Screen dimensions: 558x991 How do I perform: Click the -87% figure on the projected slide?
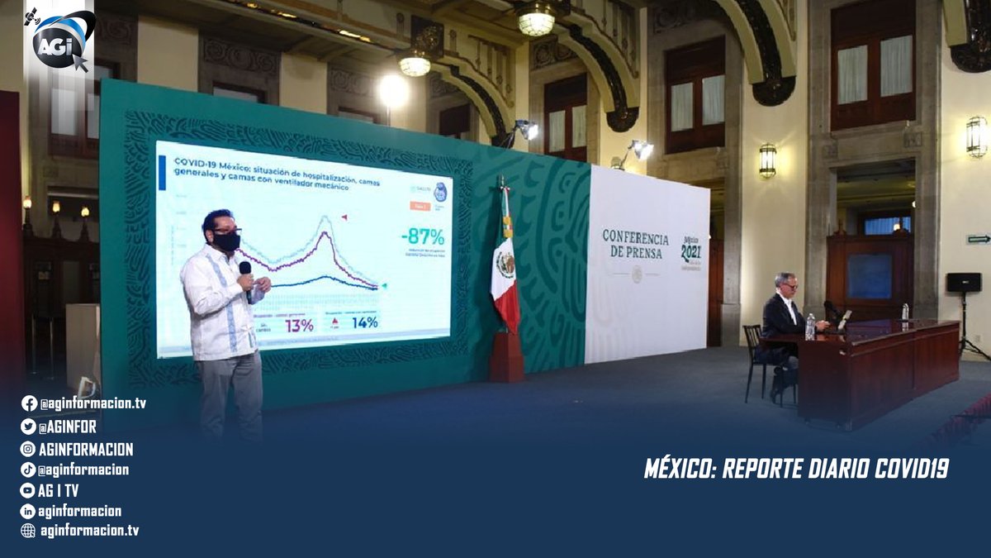pos(422,236)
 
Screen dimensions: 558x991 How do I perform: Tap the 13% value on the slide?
pos(299,325)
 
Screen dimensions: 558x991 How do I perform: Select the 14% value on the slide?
pos(364,322)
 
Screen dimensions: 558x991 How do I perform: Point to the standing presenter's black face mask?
pos(226,241)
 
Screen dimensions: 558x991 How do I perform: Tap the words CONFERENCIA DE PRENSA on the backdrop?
pos(635,245)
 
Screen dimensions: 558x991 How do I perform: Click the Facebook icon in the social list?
pos(29,403)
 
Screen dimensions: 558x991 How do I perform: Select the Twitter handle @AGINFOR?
pos(69,427)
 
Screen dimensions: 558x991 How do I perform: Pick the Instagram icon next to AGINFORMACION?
pos(28,449)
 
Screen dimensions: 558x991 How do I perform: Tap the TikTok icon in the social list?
pos(28,470)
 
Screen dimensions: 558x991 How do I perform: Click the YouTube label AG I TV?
pos(59,490)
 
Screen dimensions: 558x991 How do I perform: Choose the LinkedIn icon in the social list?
pos(28,511)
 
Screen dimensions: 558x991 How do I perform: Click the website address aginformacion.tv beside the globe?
pos(89,531)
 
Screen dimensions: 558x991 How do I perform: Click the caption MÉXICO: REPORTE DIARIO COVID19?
pos(796,469)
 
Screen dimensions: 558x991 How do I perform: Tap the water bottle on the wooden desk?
pos(810,327)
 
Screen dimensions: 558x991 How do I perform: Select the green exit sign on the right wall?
pos(979,239)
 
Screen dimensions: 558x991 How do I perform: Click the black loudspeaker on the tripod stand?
pos(964,283)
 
